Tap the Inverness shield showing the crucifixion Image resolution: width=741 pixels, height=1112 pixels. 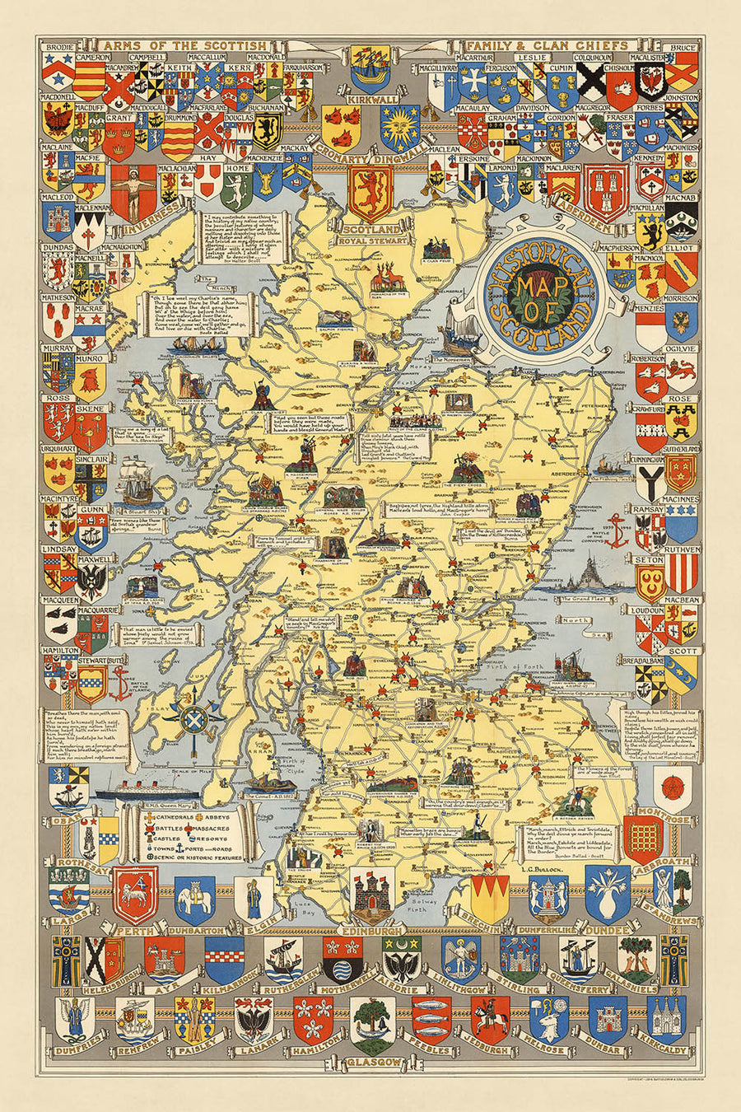pos(133,192)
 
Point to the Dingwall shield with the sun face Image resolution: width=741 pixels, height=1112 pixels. pos(400,127)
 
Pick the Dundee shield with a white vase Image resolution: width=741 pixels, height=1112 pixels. pos(608,894)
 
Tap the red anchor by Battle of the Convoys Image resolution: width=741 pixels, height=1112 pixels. pos(618,535)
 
